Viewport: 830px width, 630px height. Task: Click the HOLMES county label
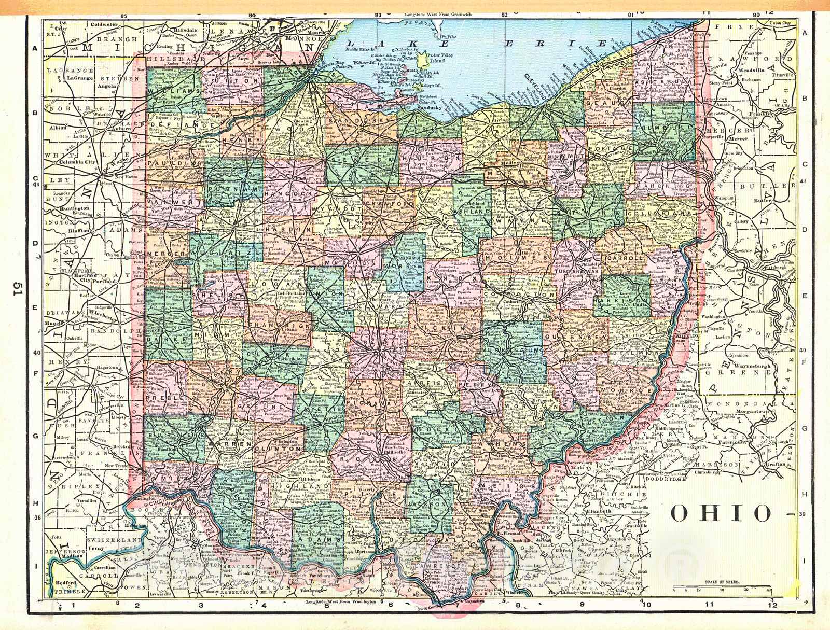[517, 257]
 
